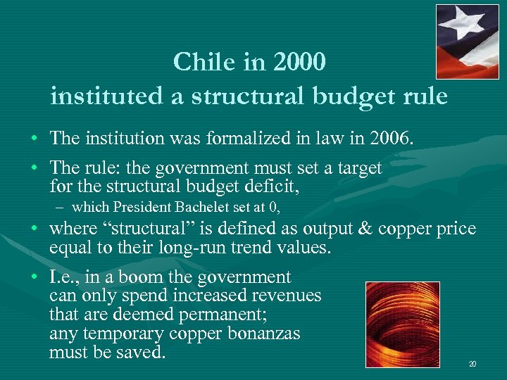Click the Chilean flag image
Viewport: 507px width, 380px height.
click(467, 42)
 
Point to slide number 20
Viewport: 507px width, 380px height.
click(472, 364)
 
